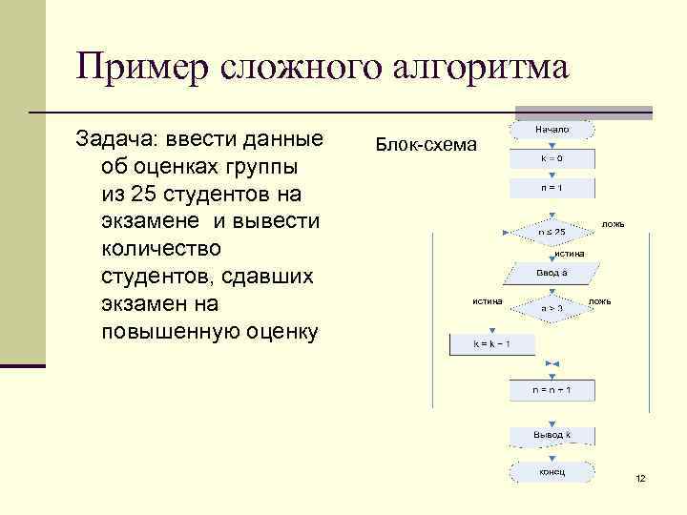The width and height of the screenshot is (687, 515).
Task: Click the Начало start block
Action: [552, 129]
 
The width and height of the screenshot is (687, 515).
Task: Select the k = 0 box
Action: [552, 158]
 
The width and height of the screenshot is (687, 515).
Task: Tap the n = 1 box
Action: [552, 188]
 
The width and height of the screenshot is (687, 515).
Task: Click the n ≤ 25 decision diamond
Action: [552, 232]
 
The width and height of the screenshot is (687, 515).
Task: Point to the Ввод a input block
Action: [552, 273]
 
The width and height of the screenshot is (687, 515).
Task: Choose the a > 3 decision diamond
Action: [552, 308]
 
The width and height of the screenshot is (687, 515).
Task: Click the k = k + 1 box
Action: [492, 343]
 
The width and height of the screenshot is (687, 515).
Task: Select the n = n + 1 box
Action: [552, 390]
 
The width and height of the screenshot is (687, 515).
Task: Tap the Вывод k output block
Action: [552, 436]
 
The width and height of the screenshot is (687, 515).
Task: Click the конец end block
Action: [552, 472]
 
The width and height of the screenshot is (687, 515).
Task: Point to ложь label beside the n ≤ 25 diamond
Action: [613, 224]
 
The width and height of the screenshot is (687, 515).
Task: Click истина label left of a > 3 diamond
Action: [488, 301]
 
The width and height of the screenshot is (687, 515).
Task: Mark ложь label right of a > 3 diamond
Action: [600, 301]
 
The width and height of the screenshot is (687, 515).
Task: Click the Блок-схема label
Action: [426, 145]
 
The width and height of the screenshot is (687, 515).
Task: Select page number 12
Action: [640, 478]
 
